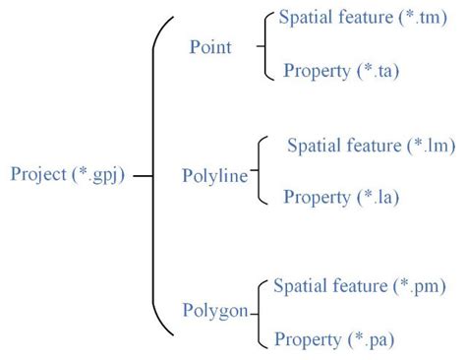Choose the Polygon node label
click(x=214, y=312)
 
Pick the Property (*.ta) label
click(x=341, y=70)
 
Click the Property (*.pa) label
click(x=334, y=339)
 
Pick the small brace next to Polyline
click(x=261, y=171)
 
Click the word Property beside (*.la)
click(x=317, y=196)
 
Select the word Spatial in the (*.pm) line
click(x=296, y=286)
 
